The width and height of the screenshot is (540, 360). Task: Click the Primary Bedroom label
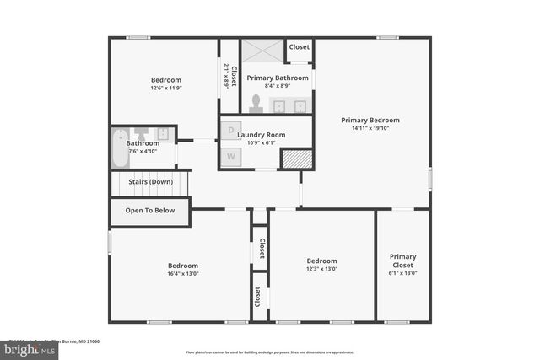coord(370,120)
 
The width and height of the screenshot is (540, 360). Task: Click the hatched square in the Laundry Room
coord(296,159)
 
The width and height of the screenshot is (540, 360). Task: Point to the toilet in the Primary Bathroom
coord(255,102)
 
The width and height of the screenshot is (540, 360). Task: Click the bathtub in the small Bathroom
coord(121,150)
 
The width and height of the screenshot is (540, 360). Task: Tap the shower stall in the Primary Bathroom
coord(262,51)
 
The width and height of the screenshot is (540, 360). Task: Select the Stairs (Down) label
coord(150,181)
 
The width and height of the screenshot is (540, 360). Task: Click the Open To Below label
coord(150,210)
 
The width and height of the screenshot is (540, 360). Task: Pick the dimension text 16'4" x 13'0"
coord(182,273)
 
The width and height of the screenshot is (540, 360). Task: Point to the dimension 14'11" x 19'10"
coord(370,129)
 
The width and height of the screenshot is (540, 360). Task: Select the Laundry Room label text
coord(261,134)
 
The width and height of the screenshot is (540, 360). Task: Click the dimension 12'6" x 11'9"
coord(166,89)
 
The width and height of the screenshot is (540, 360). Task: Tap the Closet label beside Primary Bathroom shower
coord(299,47)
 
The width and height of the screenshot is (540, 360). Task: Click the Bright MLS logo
coord(30,348)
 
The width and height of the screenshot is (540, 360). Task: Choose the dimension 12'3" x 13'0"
coord(321,269)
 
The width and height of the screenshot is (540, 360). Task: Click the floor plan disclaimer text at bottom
coord(270,352)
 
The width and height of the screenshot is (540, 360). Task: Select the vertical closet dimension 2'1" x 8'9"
coord(226,76)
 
